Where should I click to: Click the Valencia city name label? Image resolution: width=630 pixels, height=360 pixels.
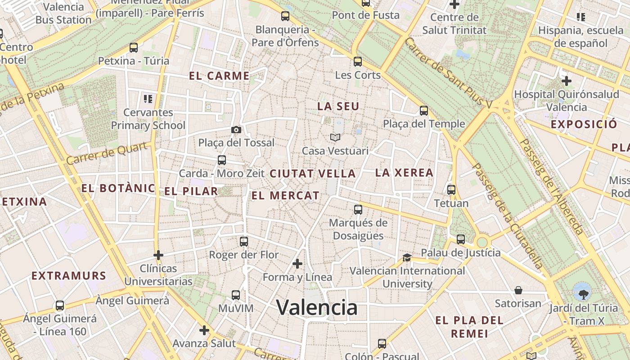pos(317,308)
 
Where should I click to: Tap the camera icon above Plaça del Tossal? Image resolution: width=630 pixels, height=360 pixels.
pos(236,130)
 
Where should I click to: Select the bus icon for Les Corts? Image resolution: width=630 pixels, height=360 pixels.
pos(358,62)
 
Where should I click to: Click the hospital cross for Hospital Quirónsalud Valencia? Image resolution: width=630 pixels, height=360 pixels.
pos(567,81)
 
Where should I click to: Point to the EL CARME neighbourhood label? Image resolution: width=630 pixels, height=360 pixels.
pos(219,76)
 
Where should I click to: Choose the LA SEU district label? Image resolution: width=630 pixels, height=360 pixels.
pos(338,107)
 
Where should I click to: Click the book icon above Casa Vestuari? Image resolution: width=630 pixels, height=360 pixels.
pos(335,137)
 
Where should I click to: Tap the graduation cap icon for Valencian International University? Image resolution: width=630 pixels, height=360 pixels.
pos(407,257)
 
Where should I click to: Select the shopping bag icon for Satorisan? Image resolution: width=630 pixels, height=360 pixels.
pos(518,290)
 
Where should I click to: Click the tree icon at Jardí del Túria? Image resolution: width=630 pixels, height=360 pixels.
pos(583,295)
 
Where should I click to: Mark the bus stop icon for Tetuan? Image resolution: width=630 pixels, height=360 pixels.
pos(451,190)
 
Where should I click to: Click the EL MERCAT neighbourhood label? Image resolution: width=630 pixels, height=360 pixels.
pos(285,196)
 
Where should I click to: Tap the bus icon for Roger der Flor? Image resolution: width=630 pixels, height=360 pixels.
pos(244,242)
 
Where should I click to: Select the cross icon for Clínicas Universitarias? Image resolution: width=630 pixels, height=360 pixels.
pos(158,255)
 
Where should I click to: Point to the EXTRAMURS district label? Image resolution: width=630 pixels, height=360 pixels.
pos(69,276)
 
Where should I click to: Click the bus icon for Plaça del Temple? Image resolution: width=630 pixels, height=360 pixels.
pos(424,111)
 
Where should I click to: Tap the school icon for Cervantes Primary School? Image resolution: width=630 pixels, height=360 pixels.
pos(148,99)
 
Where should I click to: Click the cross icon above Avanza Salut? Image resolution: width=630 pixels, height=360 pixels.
pos(204,330)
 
